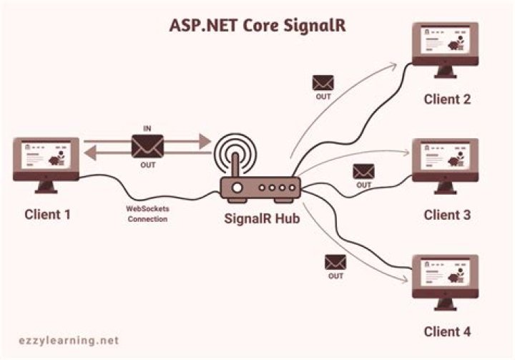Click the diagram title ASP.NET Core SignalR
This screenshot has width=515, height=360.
click(x=257, y=26)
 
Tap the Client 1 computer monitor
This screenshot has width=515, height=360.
click(x=46, y=165)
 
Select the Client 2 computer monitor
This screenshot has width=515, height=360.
click(x=446, y=50)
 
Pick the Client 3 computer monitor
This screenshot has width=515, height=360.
click(x=446, y=166)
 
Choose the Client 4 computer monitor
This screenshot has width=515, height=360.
click(x=446, y=282)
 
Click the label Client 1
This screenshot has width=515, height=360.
click(x=48, y=215)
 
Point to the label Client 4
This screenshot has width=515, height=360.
click(x=447, y=331)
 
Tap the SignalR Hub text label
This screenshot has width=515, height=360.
click(x=262, y=218)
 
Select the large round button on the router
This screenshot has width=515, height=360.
click(x=237, y=188)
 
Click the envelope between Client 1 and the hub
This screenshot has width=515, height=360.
click(x=147, y=146)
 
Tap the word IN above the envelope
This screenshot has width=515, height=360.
click(x=147, y=129)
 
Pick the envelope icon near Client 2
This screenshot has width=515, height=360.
click(x=323, y=83)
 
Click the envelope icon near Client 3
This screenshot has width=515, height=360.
click(x=363, y=172)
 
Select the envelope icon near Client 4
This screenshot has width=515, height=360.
click(x=335, y=263)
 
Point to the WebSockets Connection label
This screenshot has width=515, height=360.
click(x=147, y=214)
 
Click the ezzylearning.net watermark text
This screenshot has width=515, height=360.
click(x=69, y=341)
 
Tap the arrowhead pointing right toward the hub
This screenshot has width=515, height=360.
click(x=205, y=142)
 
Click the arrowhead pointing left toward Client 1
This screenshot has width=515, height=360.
click(x=90, y=153)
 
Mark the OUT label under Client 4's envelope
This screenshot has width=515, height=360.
click(x=335, y=276)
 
